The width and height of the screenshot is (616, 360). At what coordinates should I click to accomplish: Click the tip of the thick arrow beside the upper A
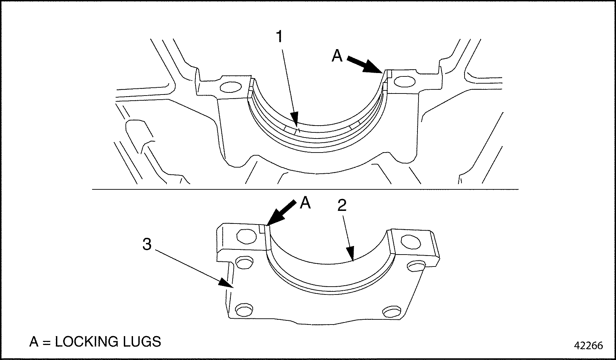pyautogui.click(x=383, y=73)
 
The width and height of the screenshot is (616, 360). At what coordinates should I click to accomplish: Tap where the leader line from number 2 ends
pyautogui.click(x=353, y=261)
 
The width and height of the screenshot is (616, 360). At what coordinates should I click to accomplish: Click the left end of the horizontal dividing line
pyautogui.click(x=92, y=189)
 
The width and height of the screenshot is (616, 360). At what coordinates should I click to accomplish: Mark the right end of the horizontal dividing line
pyautogui.click(x=518, y=189)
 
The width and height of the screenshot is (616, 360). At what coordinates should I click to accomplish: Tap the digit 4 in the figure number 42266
pyautogui.click(x=578, y=345)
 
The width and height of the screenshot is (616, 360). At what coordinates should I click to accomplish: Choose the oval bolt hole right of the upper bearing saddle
pyautogui.click(x=405, y=82)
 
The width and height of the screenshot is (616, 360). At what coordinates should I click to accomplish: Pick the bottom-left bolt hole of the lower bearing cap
pyautogui.click(x=244, y=310)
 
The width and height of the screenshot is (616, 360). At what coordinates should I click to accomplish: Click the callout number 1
pyautogui.click(x=279, y=37)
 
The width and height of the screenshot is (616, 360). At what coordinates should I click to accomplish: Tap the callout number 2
pyautogui.click(x=342, y=205)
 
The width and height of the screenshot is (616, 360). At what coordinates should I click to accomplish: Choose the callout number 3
pyautogui.click(x=147, y=244)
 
